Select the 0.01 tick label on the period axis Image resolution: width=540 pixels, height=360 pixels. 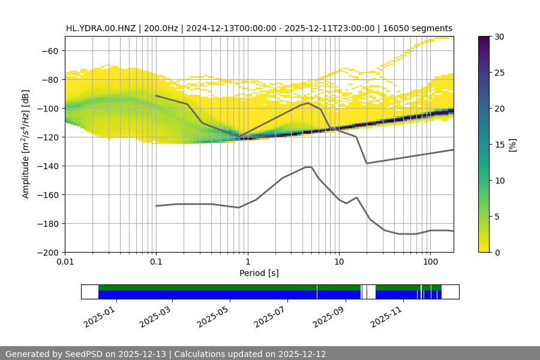tap(65, 262)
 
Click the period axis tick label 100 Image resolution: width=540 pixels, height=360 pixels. tap(430, 262)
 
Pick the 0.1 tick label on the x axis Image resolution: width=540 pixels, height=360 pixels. tap(156, 262)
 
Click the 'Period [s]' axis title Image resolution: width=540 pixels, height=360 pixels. tap(259, 273)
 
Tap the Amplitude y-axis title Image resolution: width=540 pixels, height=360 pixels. tap(25, 144)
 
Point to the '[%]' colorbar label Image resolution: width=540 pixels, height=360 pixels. tap(512, 145)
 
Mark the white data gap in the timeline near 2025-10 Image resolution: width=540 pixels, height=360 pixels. tap(369, 292)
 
